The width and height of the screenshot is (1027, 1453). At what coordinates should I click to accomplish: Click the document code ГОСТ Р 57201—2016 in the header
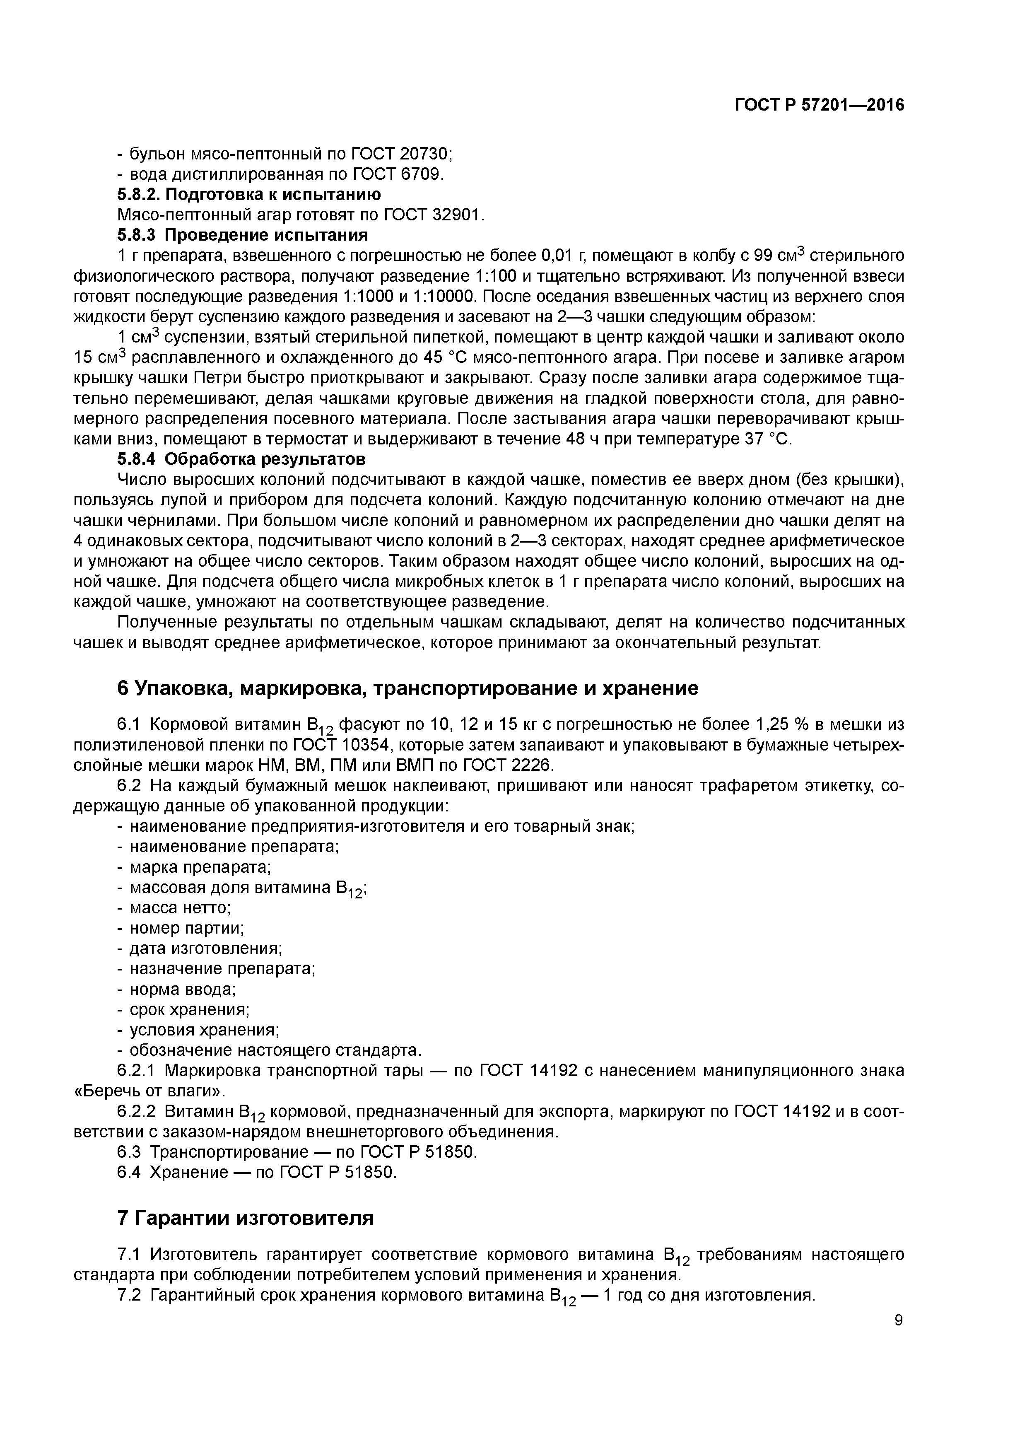pos(819,105)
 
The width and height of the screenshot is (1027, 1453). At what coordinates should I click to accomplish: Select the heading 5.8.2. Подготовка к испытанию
pos(249,194)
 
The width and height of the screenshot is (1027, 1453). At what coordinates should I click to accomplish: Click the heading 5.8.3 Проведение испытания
pos(242,235)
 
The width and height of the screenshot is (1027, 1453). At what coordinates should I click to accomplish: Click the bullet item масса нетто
pos(180,908)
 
